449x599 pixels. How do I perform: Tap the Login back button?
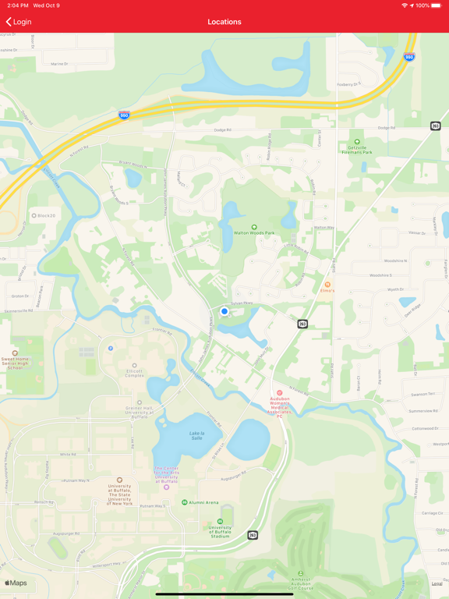[19, 22]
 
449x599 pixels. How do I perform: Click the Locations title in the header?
[224, 22]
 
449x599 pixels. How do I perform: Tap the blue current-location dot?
[224, 311]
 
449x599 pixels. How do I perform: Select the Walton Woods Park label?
[253, 232]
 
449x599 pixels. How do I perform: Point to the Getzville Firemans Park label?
[357, 147]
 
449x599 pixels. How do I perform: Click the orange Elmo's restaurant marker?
[328, 285]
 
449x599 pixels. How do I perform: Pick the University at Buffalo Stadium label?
[220, 530]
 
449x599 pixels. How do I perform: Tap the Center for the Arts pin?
[166, 487]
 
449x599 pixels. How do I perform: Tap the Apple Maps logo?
[16, 583]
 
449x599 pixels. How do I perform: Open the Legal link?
[437, 583]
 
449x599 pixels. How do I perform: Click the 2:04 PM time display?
[15, 5]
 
